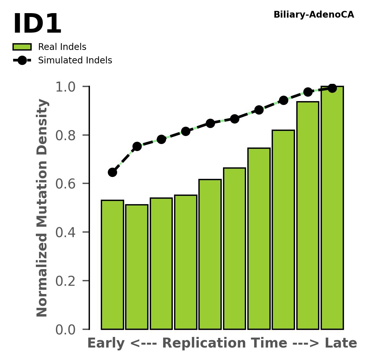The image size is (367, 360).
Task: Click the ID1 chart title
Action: point(37,24)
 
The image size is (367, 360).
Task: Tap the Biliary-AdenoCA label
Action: point(314,15)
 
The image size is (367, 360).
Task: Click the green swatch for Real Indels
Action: point(22,47)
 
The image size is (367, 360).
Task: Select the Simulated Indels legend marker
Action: point(22,60)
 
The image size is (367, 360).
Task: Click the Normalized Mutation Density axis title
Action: point(42,208)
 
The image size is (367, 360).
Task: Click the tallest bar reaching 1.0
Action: point(332,208)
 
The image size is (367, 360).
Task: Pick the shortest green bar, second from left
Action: point(137,267)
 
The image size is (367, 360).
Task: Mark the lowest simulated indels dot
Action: point(112,172)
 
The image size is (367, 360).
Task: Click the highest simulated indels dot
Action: point(332,88)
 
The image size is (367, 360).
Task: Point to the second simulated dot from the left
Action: point(137,146)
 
